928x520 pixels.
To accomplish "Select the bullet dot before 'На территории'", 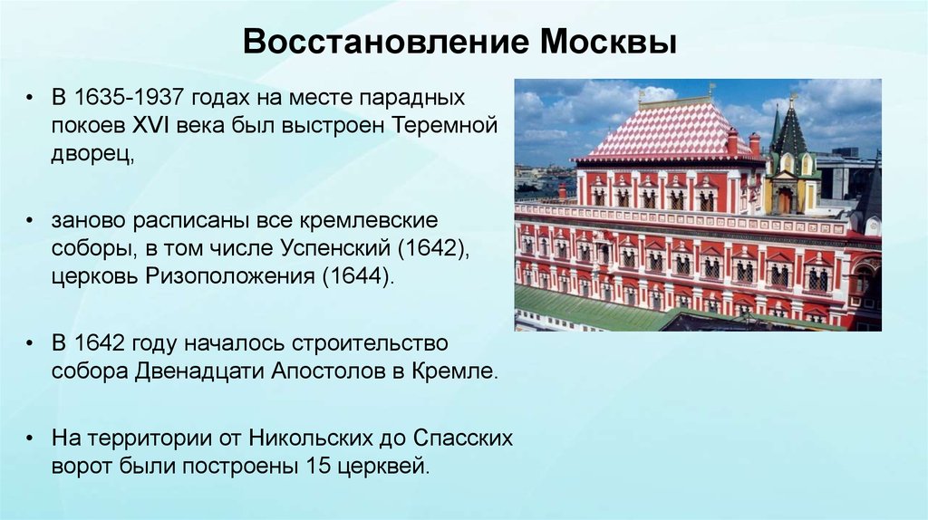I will point(31,439).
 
